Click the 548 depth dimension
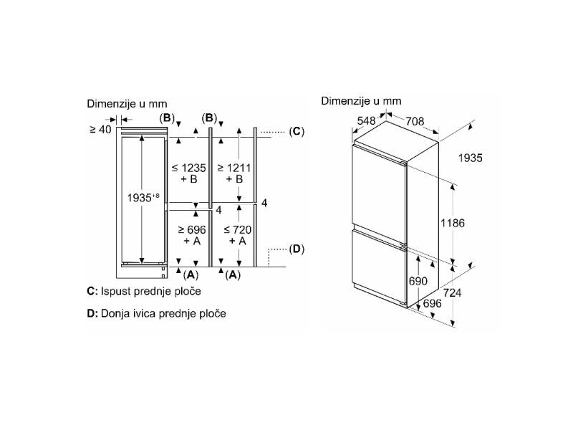[366, 121]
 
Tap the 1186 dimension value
[452, 224]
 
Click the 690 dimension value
[418, 282]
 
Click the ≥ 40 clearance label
[101, 130]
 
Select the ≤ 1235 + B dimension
[189, 173]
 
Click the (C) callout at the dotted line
[297, 131]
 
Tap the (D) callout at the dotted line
[297, 249]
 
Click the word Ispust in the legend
[117, 292]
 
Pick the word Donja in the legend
[117, 313]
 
